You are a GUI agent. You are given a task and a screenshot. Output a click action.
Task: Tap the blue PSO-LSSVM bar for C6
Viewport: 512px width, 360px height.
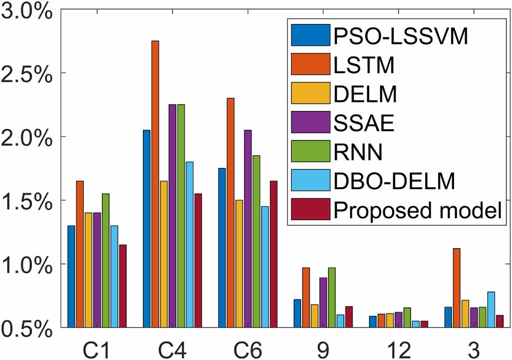pos(222,248)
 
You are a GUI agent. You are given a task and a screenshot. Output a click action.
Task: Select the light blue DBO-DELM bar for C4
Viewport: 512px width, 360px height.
pos(189,244)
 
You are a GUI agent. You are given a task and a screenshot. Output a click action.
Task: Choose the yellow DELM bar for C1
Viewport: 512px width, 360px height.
pos(88,270)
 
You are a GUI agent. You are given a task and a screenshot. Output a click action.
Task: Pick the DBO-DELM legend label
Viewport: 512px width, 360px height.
pos(395,181)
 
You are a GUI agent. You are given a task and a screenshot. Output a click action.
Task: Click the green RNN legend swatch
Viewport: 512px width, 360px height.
pos(309,152)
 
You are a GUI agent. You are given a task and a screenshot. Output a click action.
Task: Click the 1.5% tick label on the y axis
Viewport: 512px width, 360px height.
pos(27,201)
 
